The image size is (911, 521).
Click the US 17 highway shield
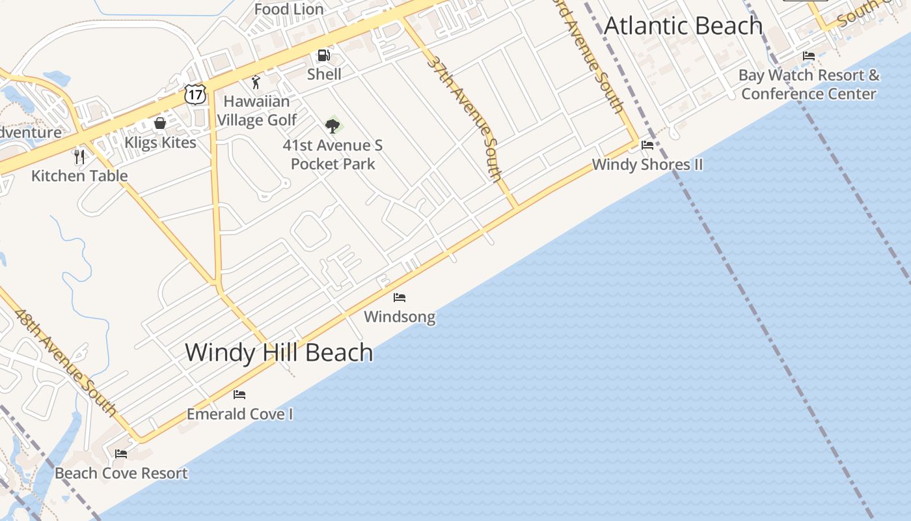195,94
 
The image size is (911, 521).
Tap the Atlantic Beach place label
683,26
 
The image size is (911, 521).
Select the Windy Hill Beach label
279,352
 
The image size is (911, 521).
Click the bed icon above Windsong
400,298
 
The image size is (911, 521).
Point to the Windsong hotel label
400,317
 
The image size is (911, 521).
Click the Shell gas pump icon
323,55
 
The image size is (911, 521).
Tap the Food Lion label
289,9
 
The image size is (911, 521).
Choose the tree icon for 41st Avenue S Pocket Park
333,125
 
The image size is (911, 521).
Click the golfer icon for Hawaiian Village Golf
256,83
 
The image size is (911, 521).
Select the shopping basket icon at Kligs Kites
160,123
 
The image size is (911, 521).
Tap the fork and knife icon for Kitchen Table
79,157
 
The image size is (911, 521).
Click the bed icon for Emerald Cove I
239,395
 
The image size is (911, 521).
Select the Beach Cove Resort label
121,473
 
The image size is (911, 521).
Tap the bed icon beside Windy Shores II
647,145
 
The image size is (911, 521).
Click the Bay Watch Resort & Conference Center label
809,85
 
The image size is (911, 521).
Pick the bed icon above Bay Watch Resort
809,56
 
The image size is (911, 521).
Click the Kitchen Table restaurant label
79,176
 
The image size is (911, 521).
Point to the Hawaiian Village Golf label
257,111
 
